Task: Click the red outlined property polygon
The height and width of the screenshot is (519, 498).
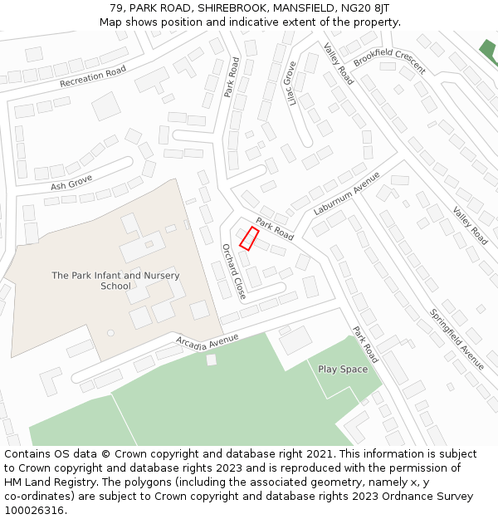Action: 248,237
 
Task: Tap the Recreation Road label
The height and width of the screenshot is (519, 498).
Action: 93,76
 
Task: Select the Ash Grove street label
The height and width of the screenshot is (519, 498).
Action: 71,182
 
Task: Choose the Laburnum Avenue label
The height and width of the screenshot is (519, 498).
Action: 346,193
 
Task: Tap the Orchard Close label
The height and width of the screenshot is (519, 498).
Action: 234,271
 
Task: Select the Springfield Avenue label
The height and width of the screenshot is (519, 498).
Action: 456,339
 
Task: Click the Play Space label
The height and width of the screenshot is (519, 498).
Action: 343,370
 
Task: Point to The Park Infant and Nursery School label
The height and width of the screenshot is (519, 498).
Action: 115,281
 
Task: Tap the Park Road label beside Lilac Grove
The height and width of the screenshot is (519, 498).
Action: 232,77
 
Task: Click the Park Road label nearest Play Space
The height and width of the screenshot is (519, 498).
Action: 365,344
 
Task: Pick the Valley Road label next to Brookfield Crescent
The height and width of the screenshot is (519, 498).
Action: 339,63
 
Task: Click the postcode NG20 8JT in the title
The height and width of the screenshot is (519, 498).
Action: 367,8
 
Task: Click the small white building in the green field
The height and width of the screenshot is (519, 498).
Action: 212,360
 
